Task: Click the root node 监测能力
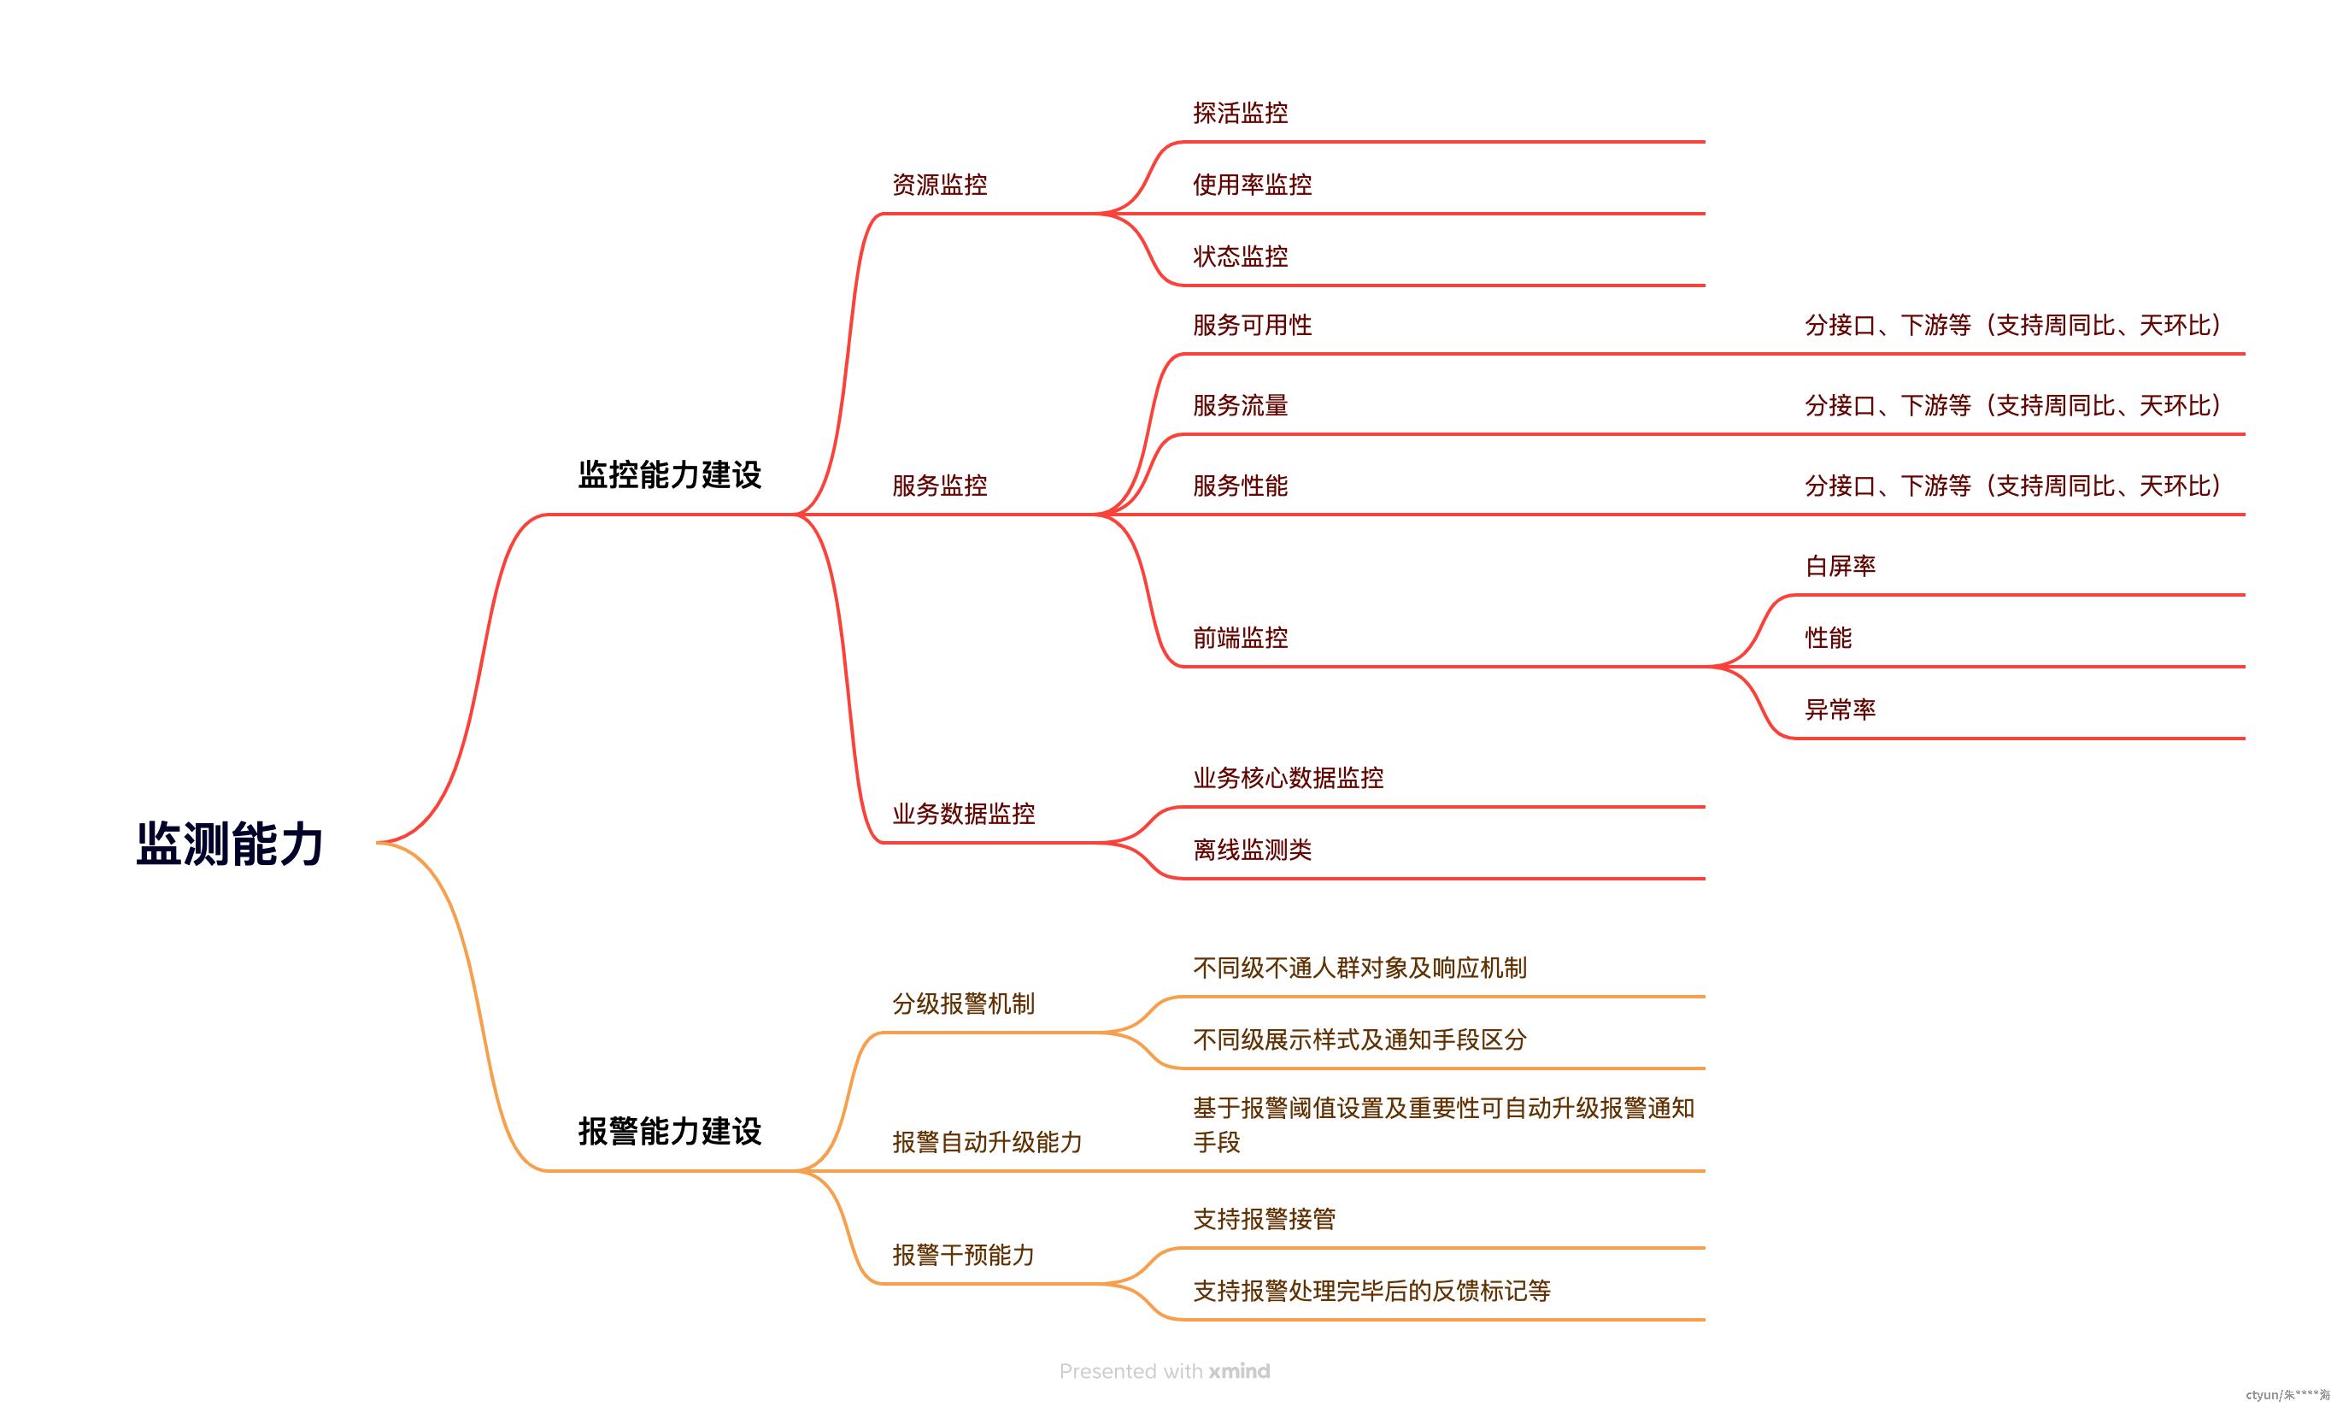click(x=230, y=843)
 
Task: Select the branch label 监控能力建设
click(x=670, y=475)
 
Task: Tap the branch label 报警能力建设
click(x=670, y=1132)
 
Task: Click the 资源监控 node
click(x=939, y=185)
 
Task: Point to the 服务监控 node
click(x=939, y=486)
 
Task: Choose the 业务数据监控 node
click(x=964, y=814)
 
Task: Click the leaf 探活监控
click(x=1240, y=114)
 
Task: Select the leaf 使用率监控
click(x=1253, y=185)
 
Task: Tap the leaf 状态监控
click(x=1240, y=256)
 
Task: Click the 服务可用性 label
click(x=1253, y=326)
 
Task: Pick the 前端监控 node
click(x=1240, y=638)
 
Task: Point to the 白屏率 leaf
click(x=1840, y=566)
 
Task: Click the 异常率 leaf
click(x=1840, y=709)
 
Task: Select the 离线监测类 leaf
click(x=1253, y=850)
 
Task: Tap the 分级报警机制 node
click(x=964, y=1004)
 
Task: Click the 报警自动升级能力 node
click(x=988, y=1142)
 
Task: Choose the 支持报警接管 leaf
click(x=1265, y=1219)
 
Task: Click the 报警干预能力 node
click(x=964, y=1255)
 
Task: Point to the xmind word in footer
click(x=1239, y=1371)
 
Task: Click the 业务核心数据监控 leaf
click(x=1289, y=778)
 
